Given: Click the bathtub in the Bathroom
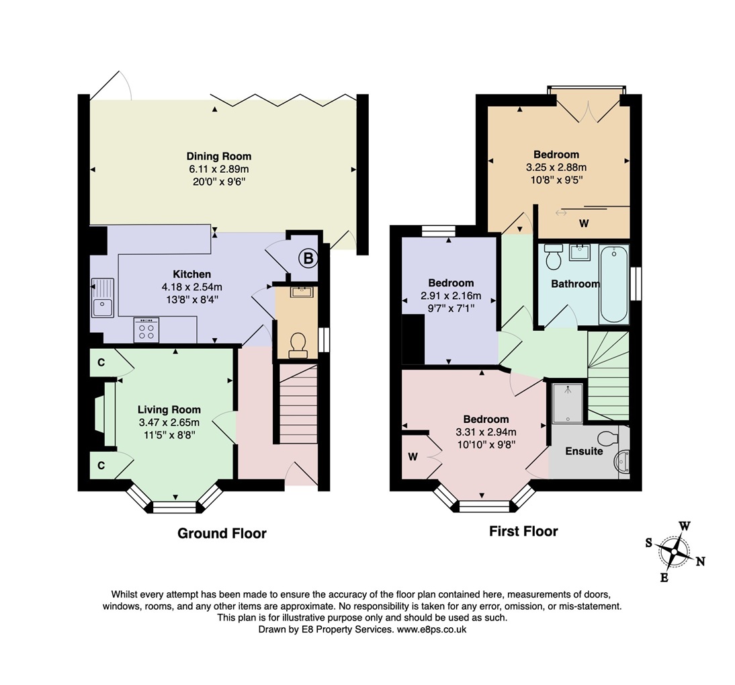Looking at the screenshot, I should [x=614, y=286].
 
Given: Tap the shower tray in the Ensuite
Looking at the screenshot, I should [x=567, y=403].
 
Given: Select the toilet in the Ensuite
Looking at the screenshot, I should [x=607, y=438].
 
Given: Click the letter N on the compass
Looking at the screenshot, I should [x=700, y=562].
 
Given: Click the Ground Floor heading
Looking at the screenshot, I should [x=222, y=534].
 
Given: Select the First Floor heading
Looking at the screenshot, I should [x=523, y=531].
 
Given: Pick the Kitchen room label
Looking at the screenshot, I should [x=192, y=274].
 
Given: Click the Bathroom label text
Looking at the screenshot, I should [x=575, y=284].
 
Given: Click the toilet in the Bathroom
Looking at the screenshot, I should [x=554, y=257].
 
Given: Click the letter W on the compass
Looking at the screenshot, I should [x=685, y=526].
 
